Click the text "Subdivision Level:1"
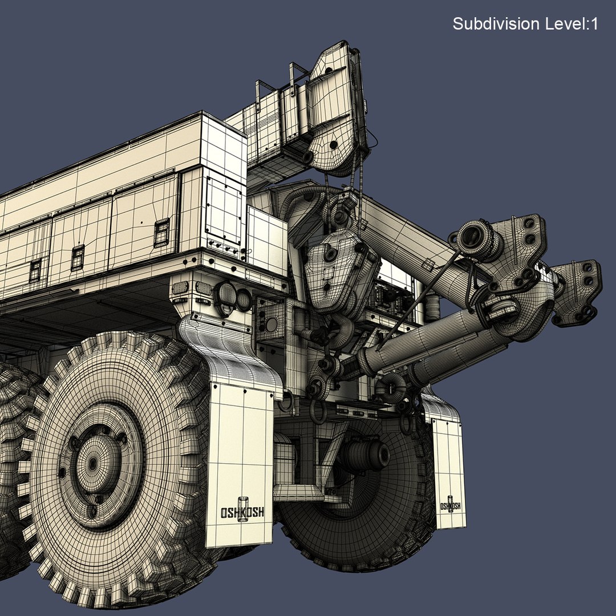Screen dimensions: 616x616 point(525,24)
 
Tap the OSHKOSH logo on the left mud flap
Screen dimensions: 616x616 point(242,511)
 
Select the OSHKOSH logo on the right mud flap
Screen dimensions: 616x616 point(450,505)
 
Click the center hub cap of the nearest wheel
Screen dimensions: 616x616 point(93,463)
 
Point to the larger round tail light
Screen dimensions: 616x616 point(225,295)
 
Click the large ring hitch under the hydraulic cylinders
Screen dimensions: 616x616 point(392,388)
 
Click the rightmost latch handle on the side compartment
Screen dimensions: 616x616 point(161,232)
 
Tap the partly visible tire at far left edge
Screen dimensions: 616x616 point(11,456)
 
